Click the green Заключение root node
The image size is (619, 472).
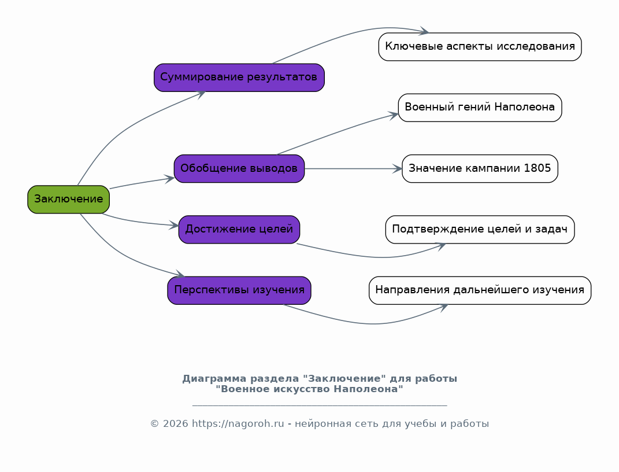(68, 200)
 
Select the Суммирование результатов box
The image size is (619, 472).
(239, 78)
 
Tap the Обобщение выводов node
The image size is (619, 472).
(239, 169)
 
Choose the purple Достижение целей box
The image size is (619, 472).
(239, 230)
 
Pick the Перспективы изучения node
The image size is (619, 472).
(239, 290)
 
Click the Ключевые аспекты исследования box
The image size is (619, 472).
(480, 47)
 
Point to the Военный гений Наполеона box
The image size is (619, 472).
(480, 108)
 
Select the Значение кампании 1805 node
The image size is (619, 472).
(480, 169)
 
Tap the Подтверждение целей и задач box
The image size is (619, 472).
(480, 230)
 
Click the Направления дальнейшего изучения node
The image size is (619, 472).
(480, 290)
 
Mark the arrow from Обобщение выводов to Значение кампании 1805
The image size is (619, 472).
(353, 169)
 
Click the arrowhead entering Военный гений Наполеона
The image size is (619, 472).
(394, 115)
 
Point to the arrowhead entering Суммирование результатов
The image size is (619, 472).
(201, 94)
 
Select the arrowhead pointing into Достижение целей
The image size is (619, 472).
(174, 226)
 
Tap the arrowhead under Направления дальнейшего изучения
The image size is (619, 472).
(443, 307)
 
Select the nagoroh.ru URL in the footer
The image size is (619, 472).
(238, 424)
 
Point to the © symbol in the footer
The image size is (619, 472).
(154, 424)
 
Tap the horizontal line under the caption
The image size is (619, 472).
(320, 405)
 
